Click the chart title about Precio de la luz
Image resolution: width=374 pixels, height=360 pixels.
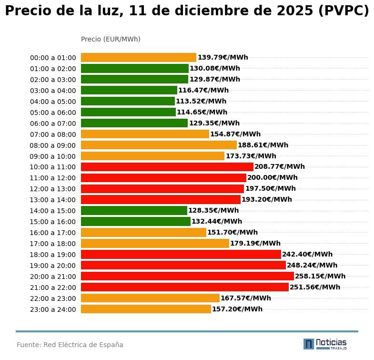[187, 11]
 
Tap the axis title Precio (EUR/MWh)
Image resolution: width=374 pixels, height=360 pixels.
[111, 39]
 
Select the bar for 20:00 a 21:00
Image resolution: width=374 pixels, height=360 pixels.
[187, 276]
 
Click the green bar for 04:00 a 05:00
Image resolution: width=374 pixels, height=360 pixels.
[128, 101]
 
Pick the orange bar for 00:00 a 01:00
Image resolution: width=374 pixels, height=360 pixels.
[139, 58]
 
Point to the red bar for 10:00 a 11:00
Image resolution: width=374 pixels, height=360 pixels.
[167, 167]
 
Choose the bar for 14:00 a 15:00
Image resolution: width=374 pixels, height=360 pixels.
[134, 211]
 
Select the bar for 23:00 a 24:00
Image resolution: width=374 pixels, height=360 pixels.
[146, 309]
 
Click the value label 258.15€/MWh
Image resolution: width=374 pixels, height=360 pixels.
[320, 276]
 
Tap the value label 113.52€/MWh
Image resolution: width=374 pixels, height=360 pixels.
[201, 101]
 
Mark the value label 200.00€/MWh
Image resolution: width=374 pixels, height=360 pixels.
[272, 178]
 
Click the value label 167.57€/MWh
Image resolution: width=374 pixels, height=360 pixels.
[245, 298]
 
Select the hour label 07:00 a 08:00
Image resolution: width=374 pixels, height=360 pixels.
[53, 134]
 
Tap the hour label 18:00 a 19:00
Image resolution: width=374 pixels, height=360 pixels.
[53, 255]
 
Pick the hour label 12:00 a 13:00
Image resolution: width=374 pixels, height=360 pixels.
[53, 189]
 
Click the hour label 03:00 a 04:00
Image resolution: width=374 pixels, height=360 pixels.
[53, 91]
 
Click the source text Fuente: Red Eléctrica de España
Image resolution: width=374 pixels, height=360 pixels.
[70, 345]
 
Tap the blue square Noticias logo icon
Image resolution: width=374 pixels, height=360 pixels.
[309, 344]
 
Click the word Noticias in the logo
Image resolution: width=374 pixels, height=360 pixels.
[331, 342]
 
